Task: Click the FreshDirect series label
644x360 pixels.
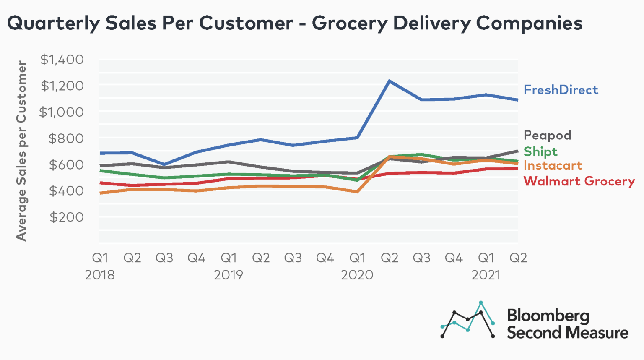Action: point(561,90)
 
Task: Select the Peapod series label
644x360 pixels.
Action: point(547,135)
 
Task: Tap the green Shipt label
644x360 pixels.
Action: point(540,151)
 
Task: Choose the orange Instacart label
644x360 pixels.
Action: point(553,166)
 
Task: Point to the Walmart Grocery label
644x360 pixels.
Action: point(579,181)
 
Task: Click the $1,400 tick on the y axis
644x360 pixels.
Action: point(62,60)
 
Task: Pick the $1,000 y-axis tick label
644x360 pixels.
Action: point(61,112)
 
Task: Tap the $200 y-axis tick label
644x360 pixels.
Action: point(66,217)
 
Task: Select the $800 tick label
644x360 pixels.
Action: point(66,138)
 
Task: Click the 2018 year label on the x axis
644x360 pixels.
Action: point(100,275)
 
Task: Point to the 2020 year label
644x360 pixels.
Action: point(357,275)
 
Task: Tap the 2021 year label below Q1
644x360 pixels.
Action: point(486,275)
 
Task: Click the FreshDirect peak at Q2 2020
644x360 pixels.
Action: point(390,81)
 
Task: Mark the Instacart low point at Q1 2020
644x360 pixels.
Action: point(357,192)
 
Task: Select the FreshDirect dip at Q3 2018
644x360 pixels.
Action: point(164,164)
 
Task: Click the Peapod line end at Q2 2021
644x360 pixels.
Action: point(517,151)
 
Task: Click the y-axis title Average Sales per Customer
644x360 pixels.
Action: point(21,151)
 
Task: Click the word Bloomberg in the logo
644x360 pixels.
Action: point(548,316)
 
